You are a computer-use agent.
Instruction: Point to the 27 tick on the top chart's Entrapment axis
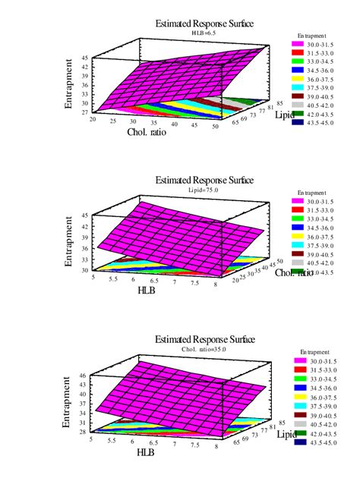click(84, 112)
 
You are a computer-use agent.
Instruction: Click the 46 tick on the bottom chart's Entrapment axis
click(83, 376)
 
